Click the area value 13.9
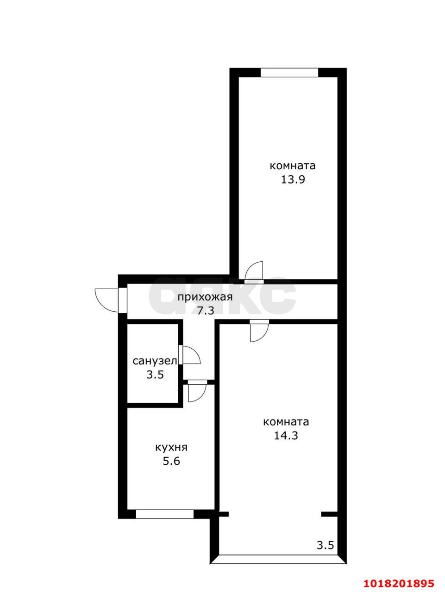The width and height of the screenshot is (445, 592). tap(293, 179)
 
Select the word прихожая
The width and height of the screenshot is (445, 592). tap(205, 297)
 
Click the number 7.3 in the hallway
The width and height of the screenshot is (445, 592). tap(206, 311)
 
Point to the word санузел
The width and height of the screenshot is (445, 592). tap(155, 361)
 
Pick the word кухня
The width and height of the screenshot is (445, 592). tap(171, 447)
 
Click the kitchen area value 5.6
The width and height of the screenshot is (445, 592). tap(171, 461)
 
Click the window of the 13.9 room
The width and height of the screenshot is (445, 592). tap(289, 73)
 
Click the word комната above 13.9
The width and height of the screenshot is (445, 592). tap(293, 166)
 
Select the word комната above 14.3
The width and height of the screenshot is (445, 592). tap(286, 422)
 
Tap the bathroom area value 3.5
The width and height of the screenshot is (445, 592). tap(155, 375)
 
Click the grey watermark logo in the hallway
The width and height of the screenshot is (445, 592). tap(222, 296)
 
